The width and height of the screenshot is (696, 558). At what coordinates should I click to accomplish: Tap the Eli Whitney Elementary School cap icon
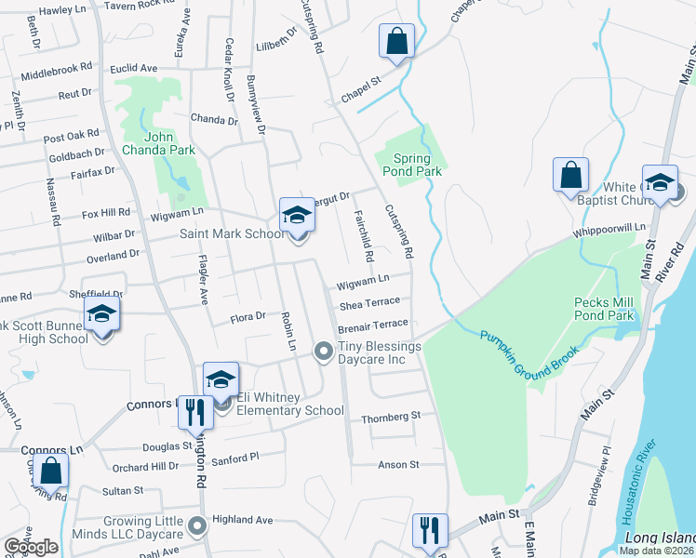point(221,379)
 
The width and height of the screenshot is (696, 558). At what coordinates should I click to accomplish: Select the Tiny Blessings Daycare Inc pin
point(324,351)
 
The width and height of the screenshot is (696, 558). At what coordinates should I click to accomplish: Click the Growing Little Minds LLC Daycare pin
point(196,526)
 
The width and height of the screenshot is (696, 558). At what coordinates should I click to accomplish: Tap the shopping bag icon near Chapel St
point(396,42)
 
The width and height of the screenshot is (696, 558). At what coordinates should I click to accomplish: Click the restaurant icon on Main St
point(429,531)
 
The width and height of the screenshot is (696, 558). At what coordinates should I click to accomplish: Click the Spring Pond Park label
point(411,165)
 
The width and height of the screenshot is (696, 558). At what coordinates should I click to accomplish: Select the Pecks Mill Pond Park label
point(604,310)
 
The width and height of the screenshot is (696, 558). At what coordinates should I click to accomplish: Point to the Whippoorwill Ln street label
point(609,228)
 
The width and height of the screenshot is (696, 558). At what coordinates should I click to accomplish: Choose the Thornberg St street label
point(391,418)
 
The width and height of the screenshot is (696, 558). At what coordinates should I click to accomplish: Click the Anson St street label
point(398,464)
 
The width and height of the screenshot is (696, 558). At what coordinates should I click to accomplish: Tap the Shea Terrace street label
point(369,302)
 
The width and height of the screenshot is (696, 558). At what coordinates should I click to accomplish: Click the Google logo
point(31,547)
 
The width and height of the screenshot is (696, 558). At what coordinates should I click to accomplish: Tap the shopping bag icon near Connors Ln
point(52,471)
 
